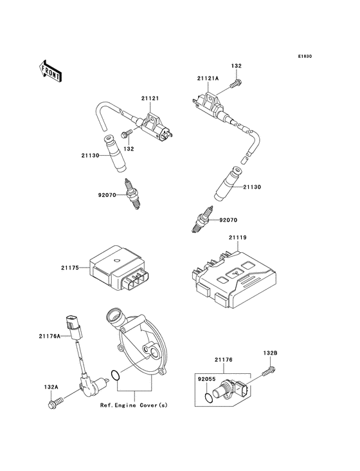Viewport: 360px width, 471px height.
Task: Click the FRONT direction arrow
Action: tap(51, 71)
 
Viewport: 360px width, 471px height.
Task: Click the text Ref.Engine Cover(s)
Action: tap(133, 406)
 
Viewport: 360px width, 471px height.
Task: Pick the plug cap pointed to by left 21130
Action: tap(115, 154)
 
